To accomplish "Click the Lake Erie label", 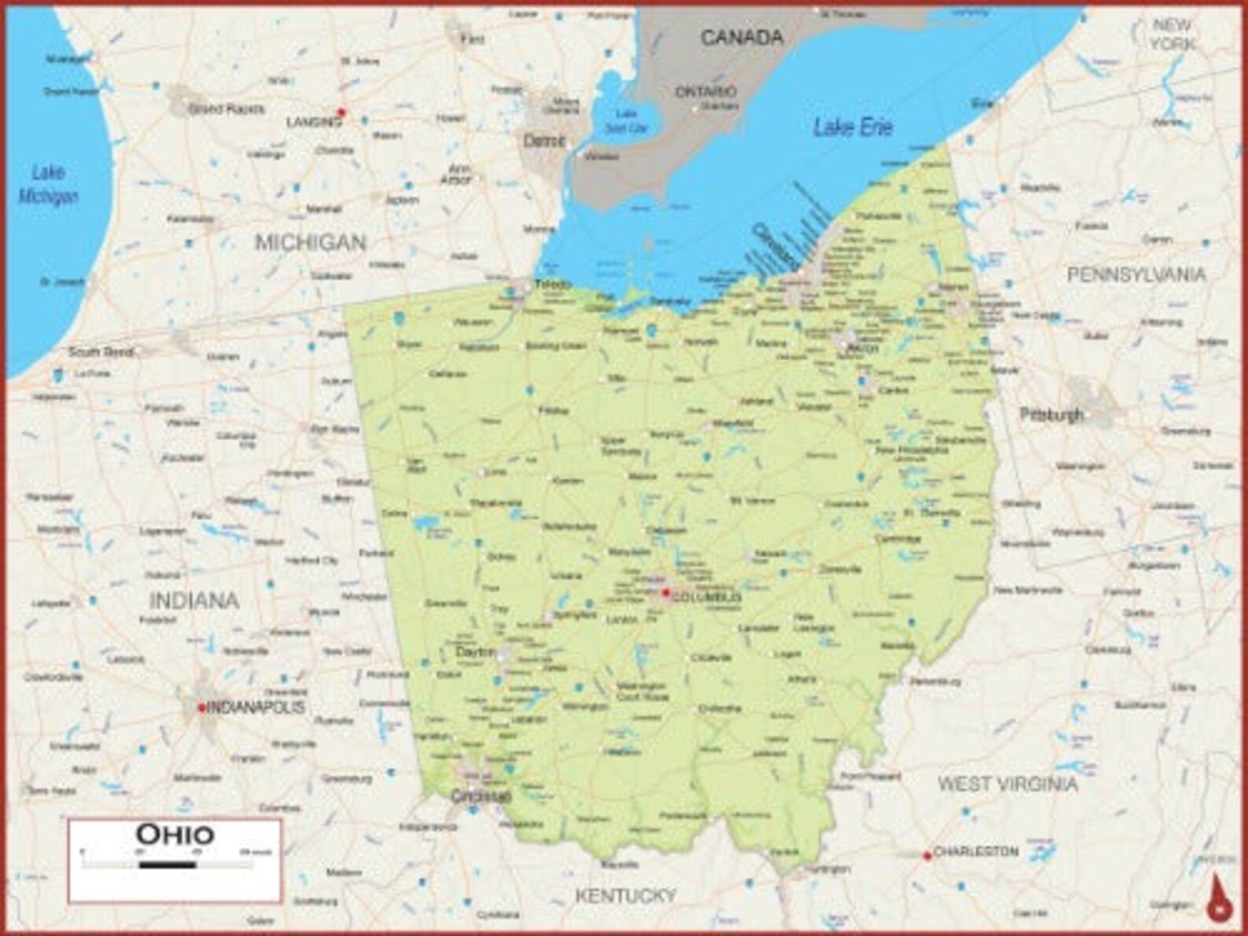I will (x=853, y=127).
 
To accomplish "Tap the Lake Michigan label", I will (x=48, y=184).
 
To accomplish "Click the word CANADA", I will (x=741, y=37).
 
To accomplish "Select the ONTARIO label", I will (x=706, y=92).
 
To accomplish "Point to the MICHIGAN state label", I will (x=310, y=243).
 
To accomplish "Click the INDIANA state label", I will (x=193, y=600).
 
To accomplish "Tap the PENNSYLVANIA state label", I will (x=1136, y=274).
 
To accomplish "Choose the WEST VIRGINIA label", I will (x=1008, y=784).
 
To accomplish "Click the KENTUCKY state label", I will (x=626, y=895).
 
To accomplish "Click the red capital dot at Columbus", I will (x=666, y=593).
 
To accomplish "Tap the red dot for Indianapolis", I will (x=201, y=708).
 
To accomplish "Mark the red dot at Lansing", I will (x=340, y=112).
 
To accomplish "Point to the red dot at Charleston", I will (x=927, y=856).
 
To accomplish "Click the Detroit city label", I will (x=544, y=141).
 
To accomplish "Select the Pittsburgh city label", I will (x=1052, y=414).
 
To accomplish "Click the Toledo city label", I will (x=552, y=284).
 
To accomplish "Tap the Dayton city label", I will (x=475, y=653).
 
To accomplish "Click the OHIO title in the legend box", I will (x=174, y=834).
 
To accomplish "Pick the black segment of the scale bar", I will (x=167, y=865).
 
